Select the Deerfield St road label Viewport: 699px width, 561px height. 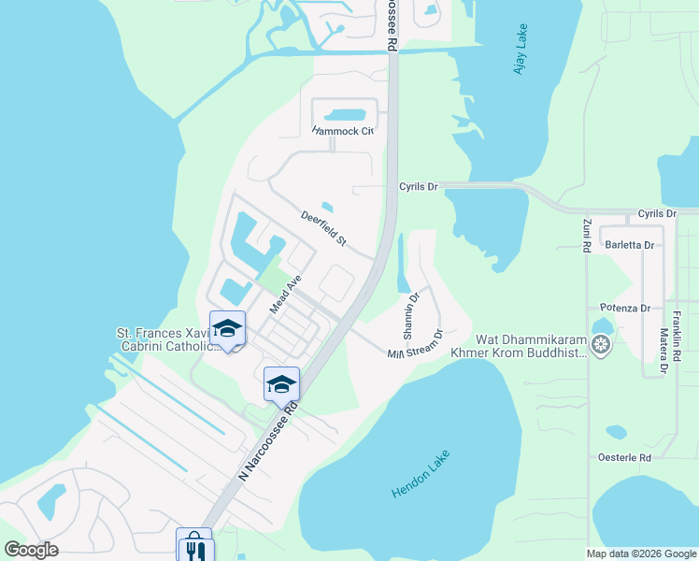coord(323,229)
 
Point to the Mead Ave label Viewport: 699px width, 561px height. coord(287,295)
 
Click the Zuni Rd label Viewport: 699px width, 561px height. coord(587,237)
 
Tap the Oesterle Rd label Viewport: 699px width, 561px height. coord(625,457)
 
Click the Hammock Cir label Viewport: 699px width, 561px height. coord(343,132)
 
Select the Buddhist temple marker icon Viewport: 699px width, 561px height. coord(602,346)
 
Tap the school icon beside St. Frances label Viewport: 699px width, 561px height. coord(227,329)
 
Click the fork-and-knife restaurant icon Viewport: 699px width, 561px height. coord(196,551)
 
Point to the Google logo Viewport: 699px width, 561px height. coord(31,550)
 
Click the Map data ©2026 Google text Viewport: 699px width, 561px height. coord(641,554)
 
